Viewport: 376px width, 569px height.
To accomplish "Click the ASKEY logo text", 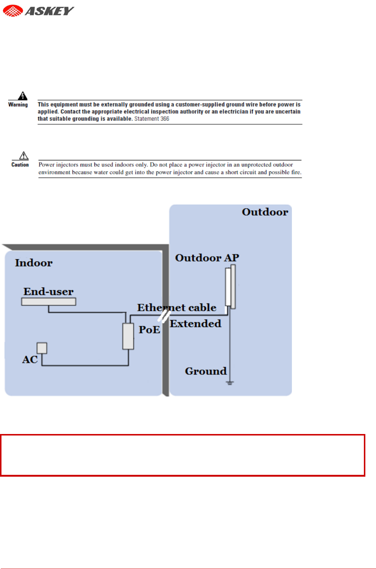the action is [49, 11].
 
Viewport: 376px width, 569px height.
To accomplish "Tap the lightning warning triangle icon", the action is [23, 96].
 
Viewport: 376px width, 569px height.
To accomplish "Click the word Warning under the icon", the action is [18, 105].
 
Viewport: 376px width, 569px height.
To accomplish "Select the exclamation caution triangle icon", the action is [24, 156].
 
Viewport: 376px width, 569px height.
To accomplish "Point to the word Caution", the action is [20, 165].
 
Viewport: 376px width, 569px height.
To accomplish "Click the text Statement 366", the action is [152, 119].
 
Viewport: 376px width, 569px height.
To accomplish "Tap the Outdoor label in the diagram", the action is [265, 212].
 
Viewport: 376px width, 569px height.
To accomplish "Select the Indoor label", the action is [34, 263].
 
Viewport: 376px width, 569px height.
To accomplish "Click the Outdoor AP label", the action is [207, 258].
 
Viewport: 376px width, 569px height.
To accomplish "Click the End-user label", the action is [49, 292].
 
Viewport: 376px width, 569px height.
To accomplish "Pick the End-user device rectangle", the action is [49, 302].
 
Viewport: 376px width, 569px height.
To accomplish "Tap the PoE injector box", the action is [128, 336].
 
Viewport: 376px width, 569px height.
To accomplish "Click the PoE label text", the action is [149, 330].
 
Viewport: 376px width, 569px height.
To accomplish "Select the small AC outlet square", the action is [42, 348].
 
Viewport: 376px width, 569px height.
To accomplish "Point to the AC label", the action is [30, 360].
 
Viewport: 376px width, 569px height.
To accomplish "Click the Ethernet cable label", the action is [177, 307].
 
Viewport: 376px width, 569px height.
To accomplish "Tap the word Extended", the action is [196, 324].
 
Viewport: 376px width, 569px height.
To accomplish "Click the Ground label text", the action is [206, 371].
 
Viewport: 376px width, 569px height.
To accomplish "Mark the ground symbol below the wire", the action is [230, 383].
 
